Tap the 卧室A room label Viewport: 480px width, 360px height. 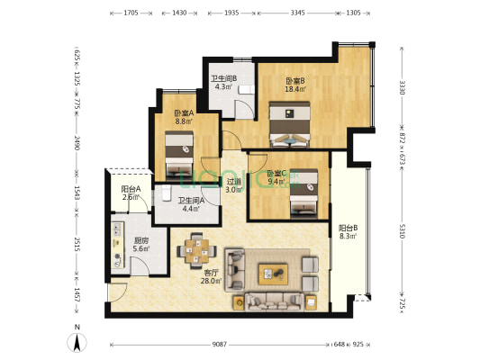[x=185, y=112]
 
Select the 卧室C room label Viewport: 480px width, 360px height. [x=276, y=173]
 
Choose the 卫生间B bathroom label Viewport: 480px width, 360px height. [x=223, y=78]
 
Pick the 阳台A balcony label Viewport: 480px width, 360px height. [x=131, y=188]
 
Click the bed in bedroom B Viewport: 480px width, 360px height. [x=290, y=123]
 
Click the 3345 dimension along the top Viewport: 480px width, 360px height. [x=298, y=13]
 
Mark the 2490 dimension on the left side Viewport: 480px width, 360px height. [x=77, y=143]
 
